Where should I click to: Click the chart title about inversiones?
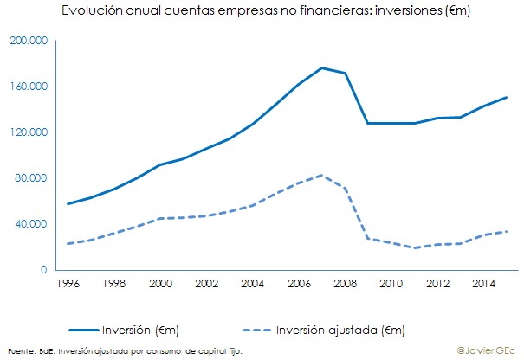(259, 11)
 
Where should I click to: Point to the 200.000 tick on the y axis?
(29, 41)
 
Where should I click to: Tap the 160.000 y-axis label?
(29, 87)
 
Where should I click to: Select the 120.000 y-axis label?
(29, 132)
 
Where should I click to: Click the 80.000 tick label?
(31, 178)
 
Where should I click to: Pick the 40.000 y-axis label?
(31, 224)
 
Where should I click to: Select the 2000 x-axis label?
(160, 283)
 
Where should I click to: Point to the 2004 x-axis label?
(252, 283)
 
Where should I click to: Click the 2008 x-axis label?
(345, 283)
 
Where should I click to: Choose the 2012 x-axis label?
(437, 283)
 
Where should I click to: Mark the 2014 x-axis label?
(482, 283)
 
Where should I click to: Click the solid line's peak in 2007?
(321, 67)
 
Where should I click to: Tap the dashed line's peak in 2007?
(321, 175)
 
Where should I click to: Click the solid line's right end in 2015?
(506, 97)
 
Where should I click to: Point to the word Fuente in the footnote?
(18, 350)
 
